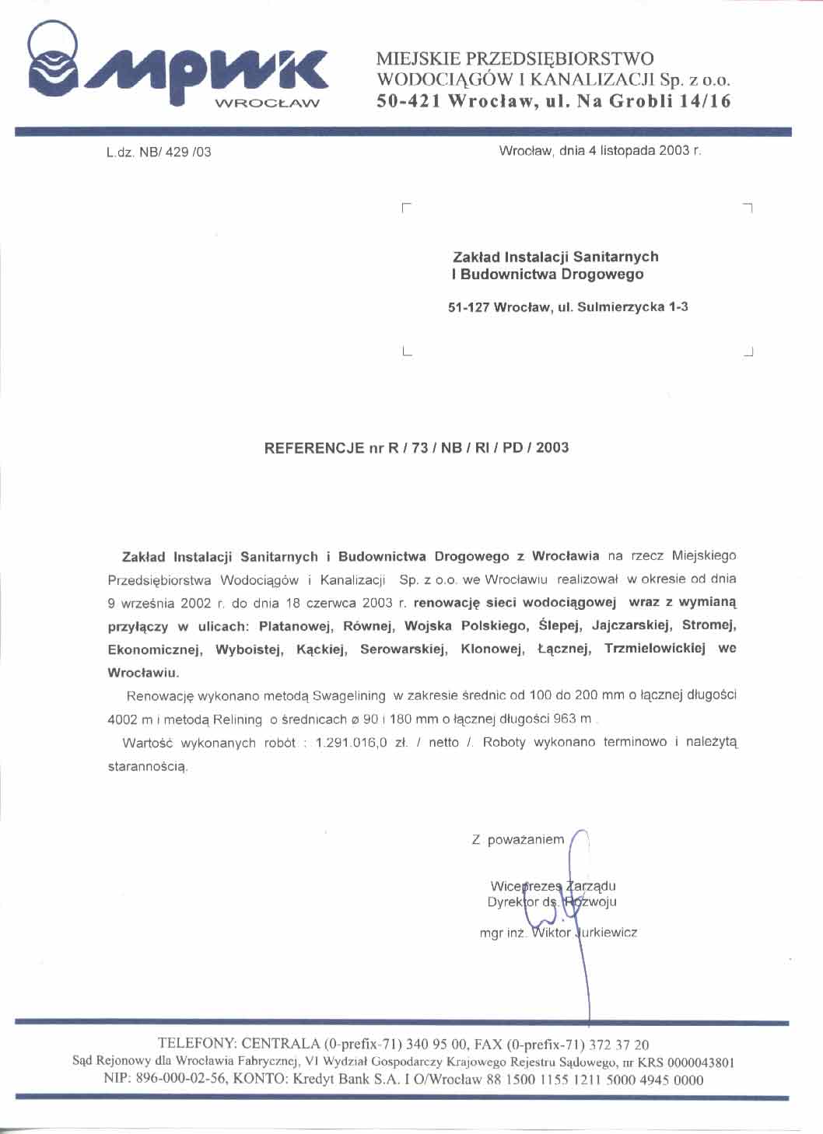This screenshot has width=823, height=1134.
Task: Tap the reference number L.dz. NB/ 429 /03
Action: [x=159, y=152]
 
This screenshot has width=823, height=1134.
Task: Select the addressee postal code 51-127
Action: [x=468, y=307]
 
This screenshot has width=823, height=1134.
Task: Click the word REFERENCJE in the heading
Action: [x=314, y=448]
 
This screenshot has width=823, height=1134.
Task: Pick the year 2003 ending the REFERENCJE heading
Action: [x=552, y=448]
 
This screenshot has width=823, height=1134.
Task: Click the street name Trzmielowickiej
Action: [x=655, y=649]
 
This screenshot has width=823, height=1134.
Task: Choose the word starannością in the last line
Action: [x=148, y=767]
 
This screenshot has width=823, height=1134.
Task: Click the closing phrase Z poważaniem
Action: [x=517, y=840]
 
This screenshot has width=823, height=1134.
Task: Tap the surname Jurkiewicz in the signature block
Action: [x=606, y=933]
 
